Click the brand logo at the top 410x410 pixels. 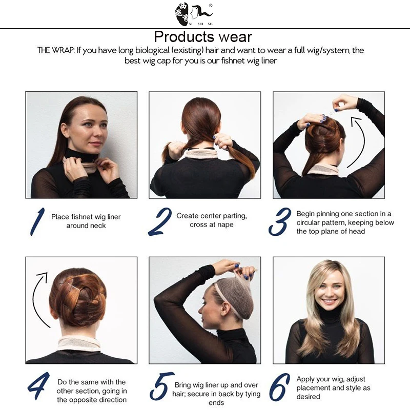click(193, 13)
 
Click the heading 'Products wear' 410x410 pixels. click(203, 37)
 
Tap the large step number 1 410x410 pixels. click(37, 221)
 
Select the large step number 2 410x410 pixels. click(160, 221)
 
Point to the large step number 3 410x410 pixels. click(280, 221)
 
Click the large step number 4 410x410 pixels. click(38, 386)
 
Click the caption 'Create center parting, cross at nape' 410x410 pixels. click(211, 220)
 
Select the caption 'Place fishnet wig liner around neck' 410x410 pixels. click(86, 221)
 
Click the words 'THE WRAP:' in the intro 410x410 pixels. click(56, 51)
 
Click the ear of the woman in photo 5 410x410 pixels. click(225, 309)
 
